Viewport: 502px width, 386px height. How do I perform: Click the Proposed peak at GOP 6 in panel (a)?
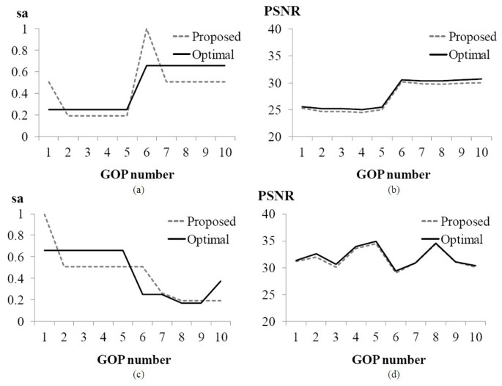[x=147, y=29]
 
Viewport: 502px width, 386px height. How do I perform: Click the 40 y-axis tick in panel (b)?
[x=273, y=29]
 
